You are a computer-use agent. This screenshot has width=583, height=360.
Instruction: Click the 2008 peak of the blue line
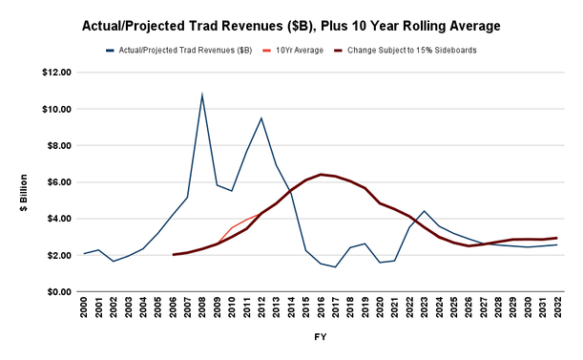pos(202,94)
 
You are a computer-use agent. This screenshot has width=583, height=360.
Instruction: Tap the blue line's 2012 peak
pos(261,118)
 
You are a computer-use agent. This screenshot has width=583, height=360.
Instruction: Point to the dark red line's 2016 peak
pos(321,174)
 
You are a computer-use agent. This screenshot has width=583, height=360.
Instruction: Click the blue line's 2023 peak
pos(424,211)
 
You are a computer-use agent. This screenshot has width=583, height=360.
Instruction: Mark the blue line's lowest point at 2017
pos(335,267)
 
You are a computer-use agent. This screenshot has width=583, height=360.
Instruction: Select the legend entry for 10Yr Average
pos(293,51)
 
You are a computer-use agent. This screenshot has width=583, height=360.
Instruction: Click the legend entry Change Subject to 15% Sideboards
pos(406,51)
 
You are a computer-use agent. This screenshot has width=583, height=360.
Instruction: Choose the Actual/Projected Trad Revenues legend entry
pos(178,51)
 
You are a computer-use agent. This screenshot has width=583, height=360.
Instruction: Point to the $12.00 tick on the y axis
pos(56,73)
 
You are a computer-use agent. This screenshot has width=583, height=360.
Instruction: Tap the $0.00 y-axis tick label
pos(59,292)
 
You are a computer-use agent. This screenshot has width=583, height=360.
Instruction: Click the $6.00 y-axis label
pos(59,182)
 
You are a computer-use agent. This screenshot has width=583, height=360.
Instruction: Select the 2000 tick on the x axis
pos(84,307)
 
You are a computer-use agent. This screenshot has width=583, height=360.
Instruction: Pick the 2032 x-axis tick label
pos(557,307)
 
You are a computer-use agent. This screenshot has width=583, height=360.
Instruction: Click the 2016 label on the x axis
pos(321,307)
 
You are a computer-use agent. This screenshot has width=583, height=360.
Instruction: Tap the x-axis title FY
pos(321,337)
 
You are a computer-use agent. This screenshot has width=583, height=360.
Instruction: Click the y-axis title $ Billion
pos(24,193)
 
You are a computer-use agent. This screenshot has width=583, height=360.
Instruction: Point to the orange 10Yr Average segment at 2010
pos(232,227)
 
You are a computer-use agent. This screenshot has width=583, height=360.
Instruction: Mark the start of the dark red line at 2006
pos(174,255)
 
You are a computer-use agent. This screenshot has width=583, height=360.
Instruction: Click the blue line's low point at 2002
pos(114,262)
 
